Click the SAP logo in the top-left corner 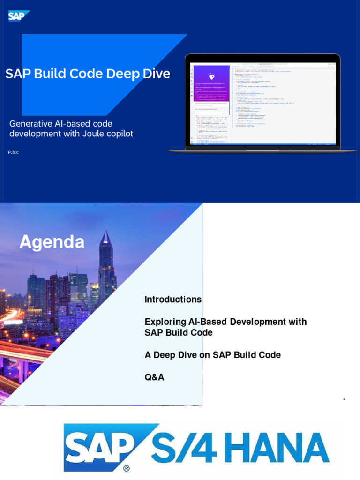18,16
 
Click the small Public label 14,152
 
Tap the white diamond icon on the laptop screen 211,76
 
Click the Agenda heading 52,242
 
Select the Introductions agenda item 173,300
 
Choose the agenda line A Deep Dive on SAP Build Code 212,355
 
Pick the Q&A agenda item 154,377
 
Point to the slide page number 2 344,399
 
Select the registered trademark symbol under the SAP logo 126,468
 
